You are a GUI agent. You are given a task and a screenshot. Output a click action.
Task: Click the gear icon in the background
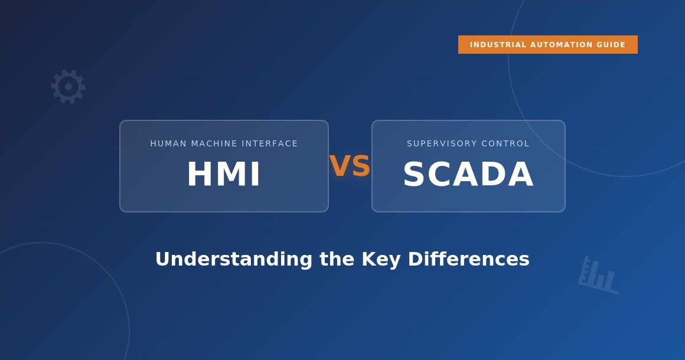pyautogui.click(x=68, y=86)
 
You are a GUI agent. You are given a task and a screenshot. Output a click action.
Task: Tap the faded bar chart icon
pyautogui.click(x=598, y=276)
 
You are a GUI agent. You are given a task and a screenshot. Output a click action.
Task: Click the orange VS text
pyautogui.click(x=350, y=166)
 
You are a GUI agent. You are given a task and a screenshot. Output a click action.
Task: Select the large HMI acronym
pyautogui.click(x=224, y=175)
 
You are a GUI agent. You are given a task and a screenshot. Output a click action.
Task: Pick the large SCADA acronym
pyautogui.click(x=468, y=175)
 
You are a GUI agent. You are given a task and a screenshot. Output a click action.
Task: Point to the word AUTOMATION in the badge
pyautogui.click(x=562, y=45)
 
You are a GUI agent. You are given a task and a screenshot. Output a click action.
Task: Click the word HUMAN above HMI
pyautogui.click(x=168, y=143)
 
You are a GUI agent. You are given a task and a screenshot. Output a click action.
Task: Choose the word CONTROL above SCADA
pyautogui.click(x=507, y=143)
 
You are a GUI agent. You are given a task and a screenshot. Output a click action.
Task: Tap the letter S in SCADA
pyautogui.click(x=415, y=175)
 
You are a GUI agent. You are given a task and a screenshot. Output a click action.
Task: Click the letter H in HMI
pyautogui.click(x=199, y=175)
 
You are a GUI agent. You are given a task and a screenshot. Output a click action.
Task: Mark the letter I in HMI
pyautogui.click(x=255, y=175)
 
